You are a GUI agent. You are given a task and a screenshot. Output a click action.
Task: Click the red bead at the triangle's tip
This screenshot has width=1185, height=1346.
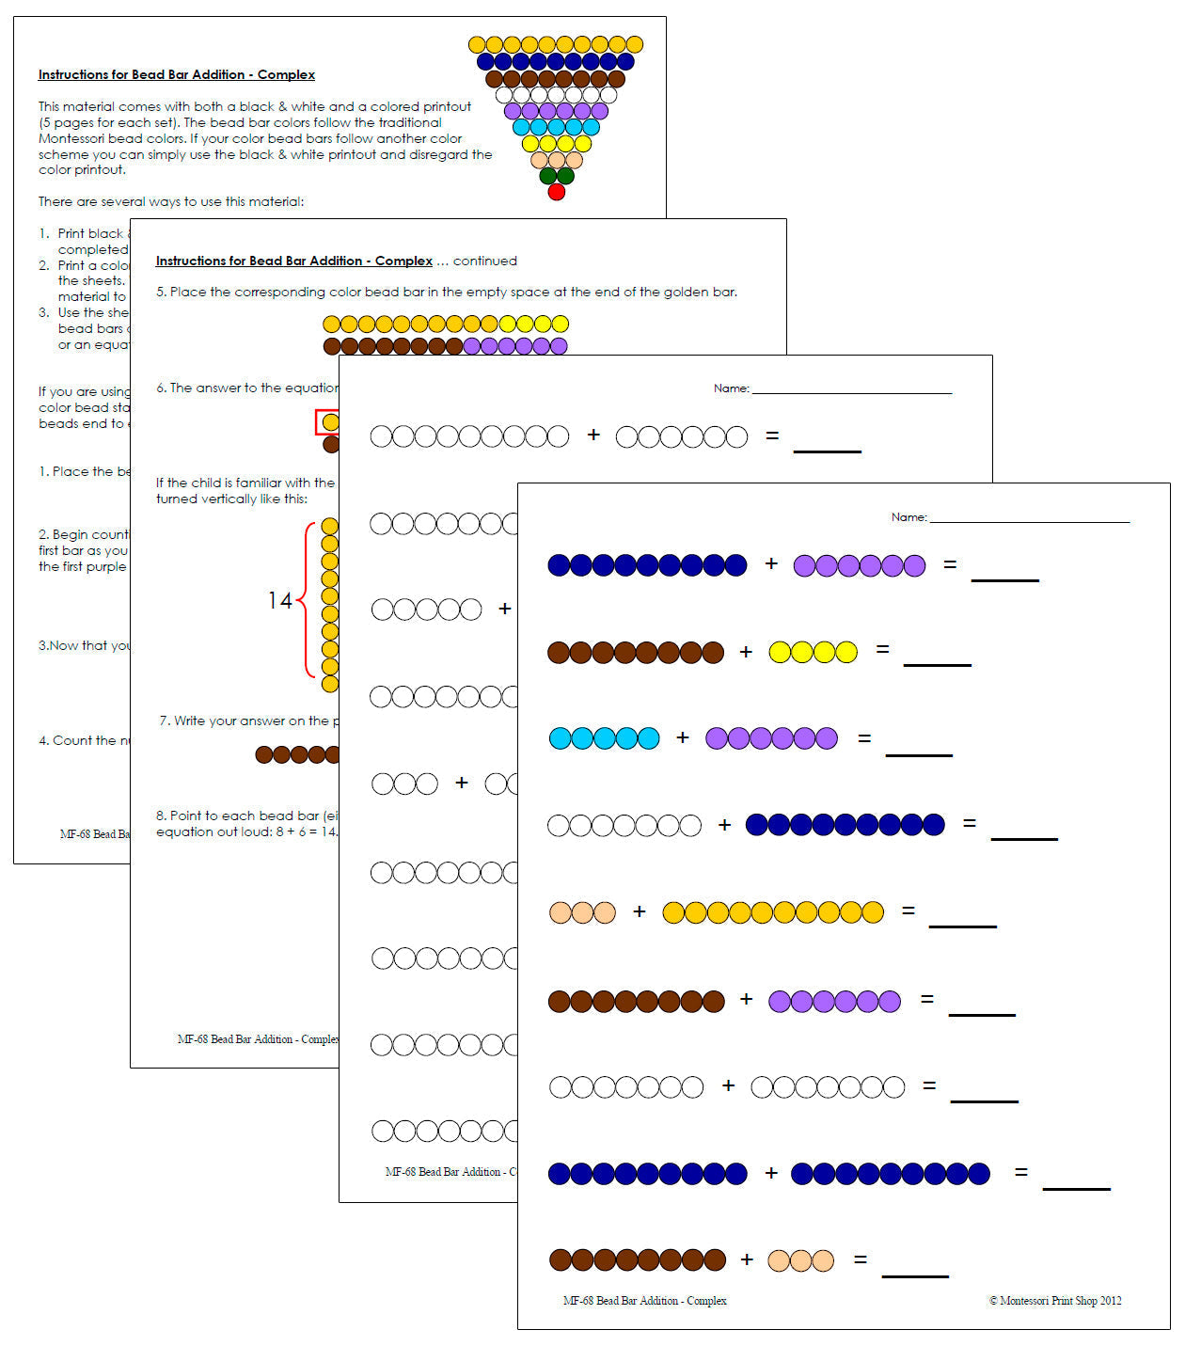point(556,192)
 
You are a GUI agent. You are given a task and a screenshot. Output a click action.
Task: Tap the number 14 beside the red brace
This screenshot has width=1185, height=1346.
point(279,600)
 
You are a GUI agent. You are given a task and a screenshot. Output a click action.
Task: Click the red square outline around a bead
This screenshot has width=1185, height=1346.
point(327,422)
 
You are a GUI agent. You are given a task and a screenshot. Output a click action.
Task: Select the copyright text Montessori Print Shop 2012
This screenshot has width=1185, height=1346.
point(1054,1301)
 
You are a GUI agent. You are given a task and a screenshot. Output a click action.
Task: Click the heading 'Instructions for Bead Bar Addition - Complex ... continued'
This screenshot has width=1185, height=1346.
point(336,261)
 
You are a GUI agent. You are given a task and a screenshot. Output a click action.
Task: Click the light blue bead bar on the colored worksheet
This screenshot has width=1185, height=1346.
point(604,738)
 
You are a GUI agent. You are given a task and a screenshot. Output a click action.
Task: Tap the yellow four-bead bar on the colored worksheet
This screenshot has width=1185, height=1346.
point(813,652)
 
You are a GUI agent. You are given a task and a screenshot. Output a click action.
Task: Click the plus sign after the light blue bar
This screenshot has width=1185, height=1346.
point(683,738)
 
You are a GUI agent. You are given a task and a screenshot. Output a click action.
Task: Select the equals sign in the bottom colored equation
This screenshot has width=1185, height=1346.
point(860,1259)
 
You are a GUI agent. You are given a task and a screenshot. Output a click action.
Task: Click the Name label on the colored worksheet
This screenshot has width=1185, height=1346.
point(908,517)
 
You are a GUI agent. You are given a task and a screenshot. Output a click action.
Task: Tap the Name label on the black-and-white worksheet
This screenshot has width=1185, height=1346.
point(731,388)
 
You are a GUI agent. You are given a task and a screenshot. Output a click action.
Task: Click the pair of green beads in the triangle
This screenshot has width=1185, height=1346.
point(556,175)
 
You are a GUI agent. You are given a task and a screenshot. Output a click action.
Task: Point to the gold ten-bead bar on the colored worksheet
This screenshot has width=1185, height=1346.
point(773,911)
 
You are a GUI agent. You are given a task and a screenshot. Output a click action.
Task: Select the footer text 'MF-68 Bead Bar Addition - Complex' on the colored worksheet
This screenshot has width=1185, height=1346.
point(644,1301)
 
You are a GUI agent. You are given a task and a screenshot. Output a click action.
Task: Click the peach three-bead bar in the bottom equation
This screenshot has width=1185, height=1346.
point(800,1260)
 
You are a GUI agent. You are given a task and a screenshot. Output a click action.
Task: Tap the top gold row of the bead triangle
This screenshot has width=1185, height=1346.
point(555,44)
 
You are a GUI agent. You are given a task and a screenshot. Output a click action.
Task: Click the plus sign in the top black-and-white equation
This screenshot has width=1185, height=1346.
point(593,435)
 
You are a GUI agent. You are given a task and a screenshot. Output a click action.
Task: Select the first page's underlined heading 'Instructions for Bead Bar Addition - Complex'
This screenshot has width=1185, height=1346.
point(177,74)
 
